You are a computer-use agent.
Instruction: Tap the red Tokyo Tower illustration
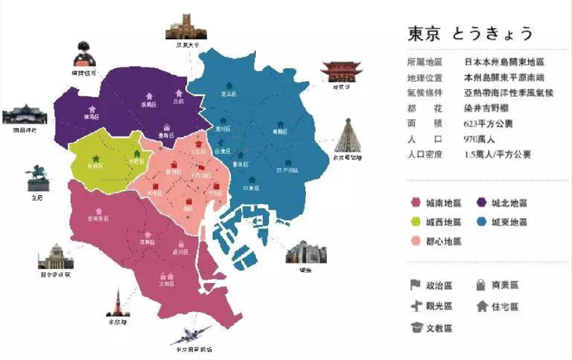tap(118, 301)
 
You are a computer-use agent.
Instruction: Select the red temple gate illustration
tap(336, 71)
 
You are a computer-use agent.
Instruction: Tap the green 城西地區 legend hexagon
tap(416, 222)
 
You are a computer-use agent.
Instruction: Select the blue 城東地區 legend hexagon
tap(482, 222)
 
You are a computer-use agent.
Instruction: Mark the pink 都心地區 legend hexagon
tap(416, 241)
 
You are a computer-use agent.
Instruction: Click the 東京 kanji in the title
tap(425, 33)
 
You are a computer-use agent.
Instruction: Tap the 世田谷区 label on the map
tap(99, 219)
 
